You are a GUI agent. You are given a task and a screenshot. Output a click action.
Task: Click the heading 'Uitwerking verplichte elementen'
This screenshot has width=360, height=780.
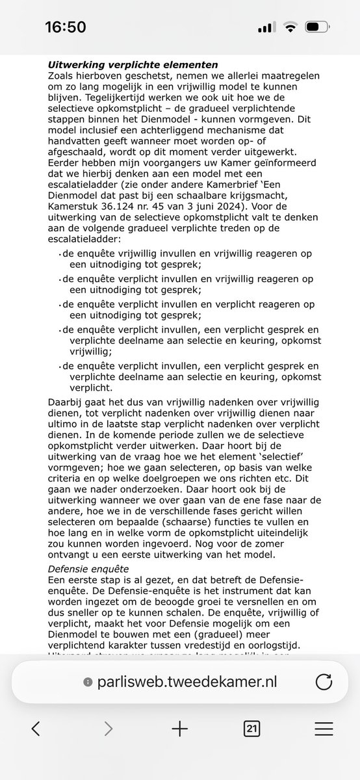133,66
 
